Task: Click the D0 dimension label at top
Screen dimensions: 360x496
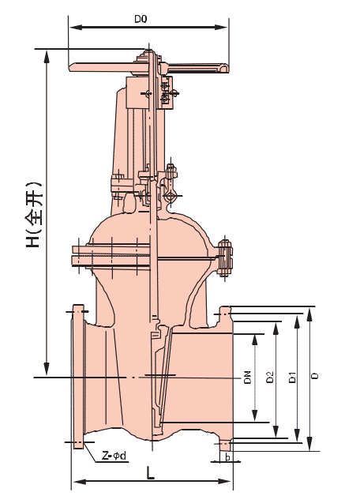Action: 141,19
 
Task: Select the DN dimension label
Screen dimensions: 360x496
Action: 247,377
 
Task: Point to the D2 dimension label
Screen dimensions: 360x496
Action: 269,377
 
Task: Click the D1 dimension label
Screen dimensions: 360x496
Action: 293,377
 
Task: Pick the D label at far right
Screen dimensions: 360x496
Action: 315,376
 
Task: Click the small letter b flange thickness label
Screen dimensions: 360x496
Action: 227,457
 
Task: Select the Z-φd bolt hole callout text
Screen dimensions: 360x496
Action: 114,456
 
